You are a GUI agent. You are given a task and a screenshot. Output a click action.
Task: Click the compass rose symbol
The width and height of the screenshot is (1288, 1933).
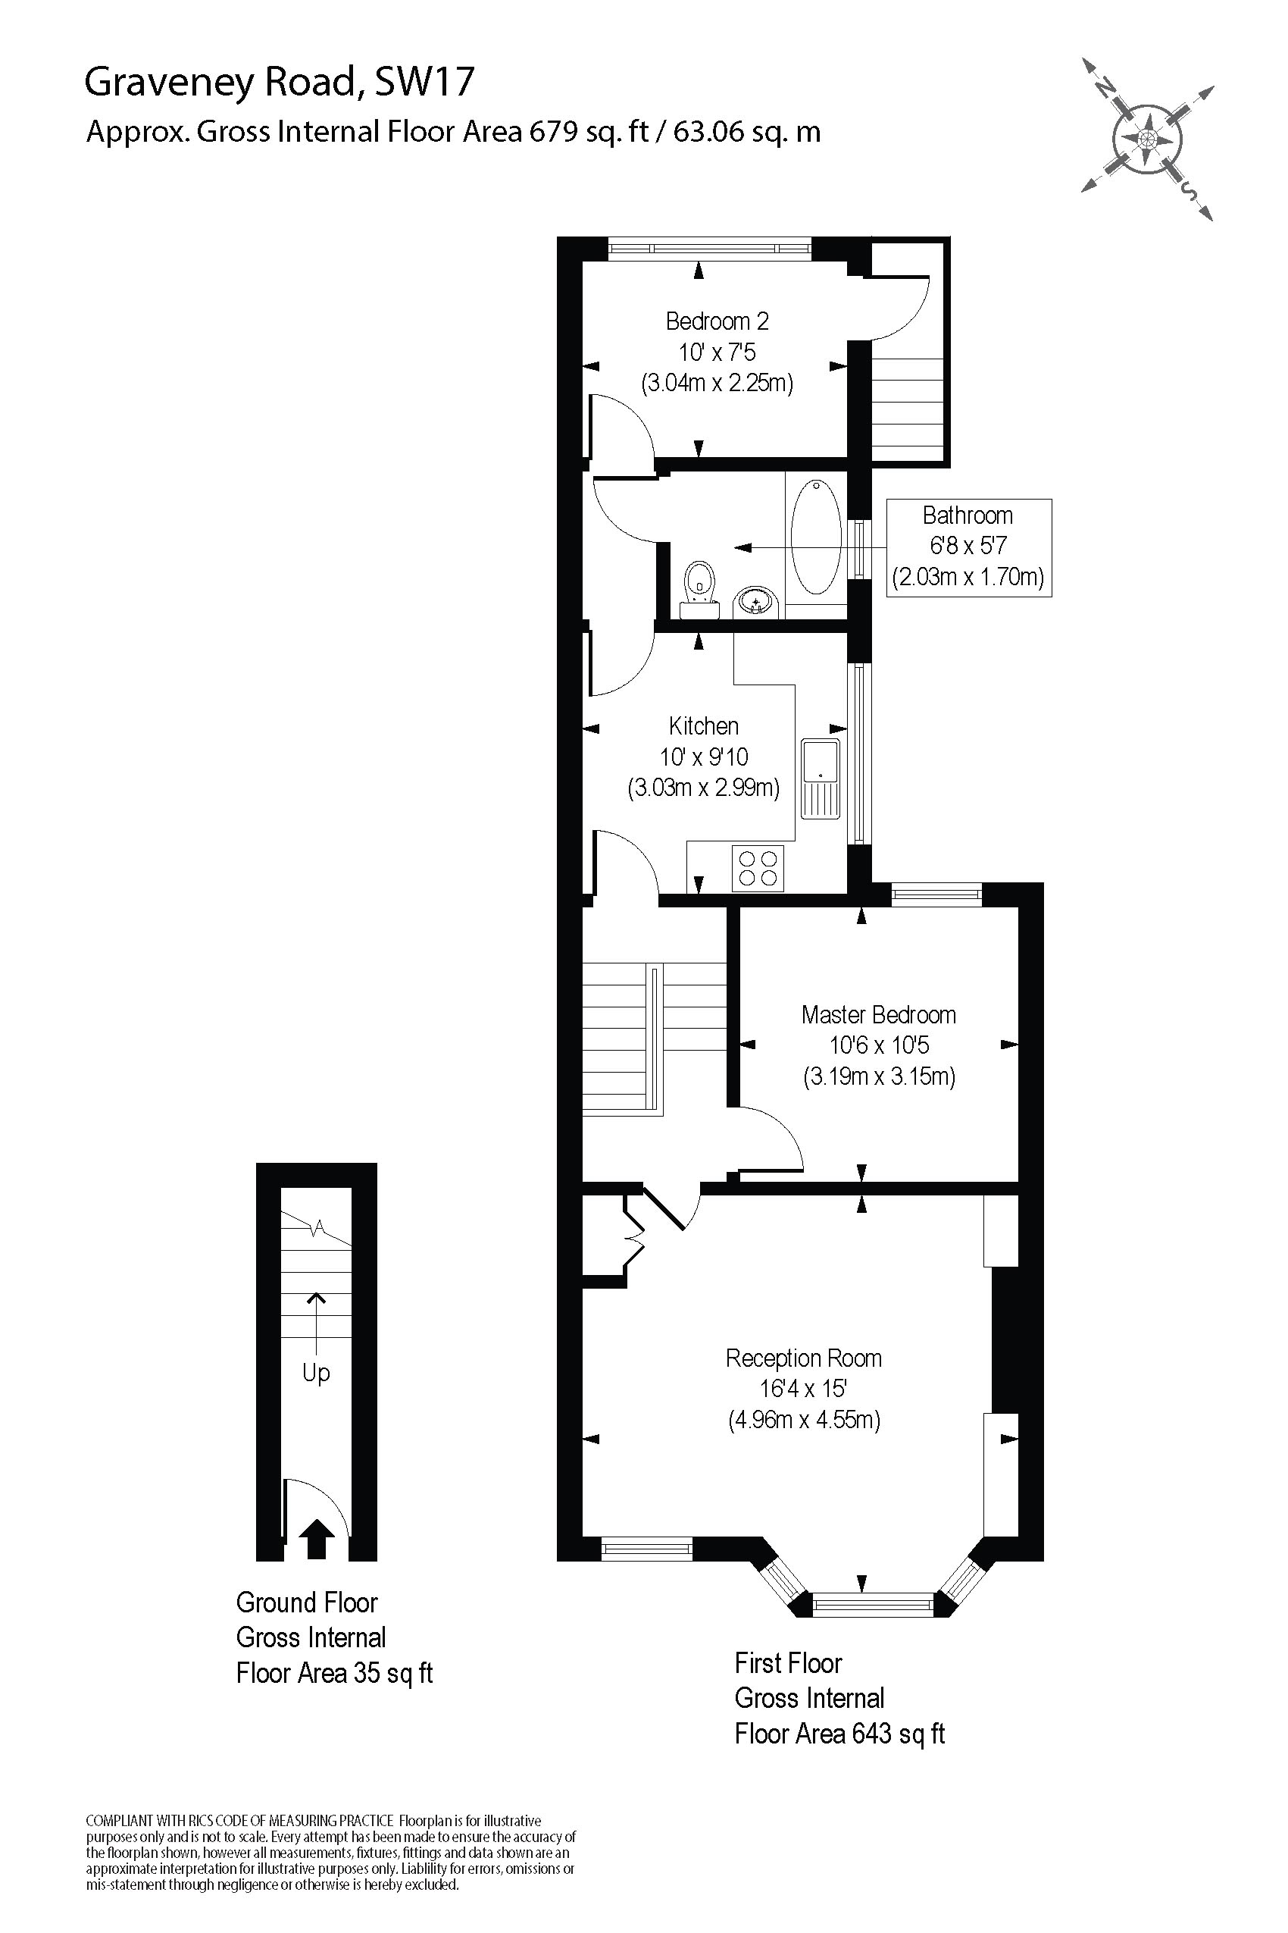point(1148,139)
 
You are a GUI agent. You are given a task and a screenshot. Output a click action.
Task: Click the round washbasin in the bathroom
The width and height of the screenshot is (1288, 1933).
point(755,602)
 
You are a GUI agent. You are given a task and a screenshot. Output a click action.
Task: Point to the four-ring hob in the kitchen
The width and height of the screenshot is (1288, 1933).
point(758,868)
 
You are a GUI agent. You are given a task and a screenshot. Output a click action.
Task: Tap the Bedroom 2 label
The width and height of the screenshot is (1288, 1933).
point(717,321)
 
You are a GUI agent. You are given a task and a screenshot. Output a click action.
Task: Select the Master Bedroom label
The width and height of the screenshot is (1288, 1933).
point(878,1015)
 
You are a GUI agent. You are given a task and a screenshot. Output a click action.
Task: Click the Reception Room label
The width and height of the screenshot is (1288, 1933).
point(803,1358)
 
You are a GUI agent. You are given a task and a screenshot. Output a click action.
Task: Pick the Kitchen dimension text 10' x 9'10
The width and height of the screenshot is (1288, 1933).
point(704,757)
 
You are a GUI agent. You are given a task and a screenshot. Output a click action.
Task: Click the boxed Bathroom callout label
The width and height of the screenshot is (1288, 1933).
point(968,547)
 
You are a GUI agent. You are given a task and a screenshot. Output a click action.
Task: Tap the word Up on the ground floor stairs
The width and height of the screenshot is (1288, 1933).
point(316,1373)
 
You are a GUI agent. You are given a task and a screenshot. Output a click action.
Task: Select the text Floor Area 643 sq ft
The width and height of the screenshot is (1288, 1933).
point(839,1734)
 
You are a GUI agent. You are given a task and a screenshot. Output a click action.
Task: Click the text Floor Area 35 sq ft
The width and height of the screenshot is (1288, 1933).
point(333,1673)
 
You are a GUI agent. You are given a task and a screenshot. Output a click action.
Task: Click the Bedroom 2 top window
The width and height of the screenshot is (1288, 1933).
point(710,247)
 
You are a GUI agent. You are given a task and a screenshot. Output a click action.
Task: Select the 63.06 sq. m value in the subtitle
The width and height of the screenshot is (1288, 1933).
point(746,133)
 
